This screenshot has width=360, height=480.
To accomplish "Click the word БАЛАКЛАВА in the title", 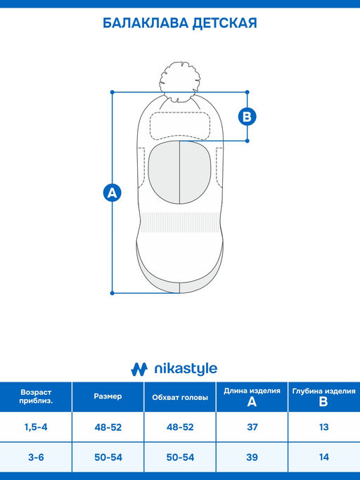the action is (146, 23).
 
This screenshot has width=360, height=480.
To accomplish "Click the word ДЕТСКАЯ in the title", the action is (225, 24).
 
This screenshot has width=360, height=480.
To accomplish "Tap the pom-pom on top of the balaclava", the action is (180, 82).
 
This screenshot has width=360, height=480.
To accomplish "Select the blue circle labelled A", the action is (112, 193).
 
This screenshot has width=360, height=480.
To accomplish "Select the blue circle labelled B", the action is (247, 117).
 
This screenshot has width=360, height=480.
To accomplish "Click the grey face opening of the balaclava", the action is (180, 172).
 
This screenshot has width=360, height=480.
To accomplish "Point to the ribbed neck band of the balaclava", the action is (180, 223).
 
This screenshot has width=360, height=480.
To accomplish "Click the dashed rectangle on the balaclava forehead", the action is (180, 126).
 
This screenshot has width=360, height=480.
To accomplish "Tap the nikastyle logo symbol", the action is (139, 369).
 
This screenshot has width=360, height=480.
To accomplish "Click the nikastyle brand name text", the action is (186, 369).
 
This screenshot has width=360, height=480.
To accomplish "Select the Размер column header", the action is (108, 396).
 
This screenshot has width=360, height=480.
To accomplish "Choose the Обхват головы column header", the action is (180, 397).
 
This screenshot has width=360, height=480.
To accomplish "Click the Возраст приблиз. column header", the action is (36, 396).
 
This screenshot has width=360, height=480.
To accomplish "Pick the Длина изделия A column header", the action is (252, 397).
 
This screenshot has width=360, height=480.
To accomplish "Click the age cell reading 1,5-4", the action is (36, 427).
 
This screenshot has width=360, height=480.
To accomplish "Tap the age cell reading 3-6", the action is (36, 458).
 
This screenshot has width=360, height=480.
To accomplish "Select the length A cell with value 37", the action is (252, 427).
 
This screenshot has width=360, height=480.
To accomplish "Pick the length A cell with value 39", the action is (252, 458).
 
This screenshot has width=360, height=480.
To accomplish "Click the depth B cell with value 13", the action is (324, 427).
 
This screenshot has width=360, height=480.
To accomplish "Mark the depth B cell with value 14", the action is (324, 458).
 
